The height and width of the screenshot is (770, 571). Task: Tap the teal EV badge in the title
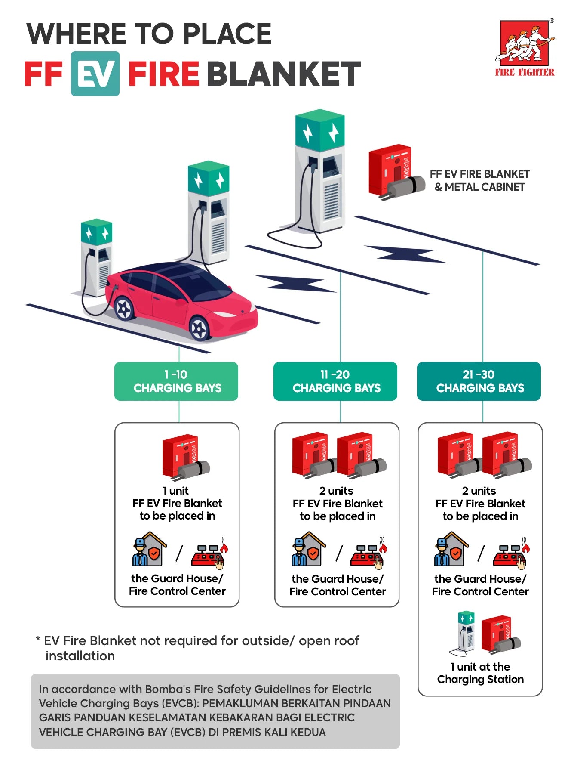[x=95, y=74]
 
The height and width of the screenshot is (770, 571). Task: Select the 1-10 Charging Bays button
[x=176, y=381]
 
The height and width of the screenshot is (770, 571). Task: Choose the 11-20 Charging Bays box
[x=335, y=381]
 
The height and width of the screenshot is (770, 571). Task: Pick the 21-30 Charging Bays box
[x=479, y=381]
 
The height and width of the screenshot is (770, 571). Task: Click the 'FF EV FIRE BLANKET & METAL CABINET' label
[x=479, y=180]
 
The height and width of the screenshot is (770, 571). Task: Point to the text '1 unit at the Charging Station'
[x=480, y=673]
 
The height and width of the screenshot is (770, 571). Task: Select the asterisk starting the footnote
[x=38, y=640]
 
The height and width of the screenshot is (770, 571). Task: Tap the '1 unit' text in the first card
[x=175, y=491]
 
